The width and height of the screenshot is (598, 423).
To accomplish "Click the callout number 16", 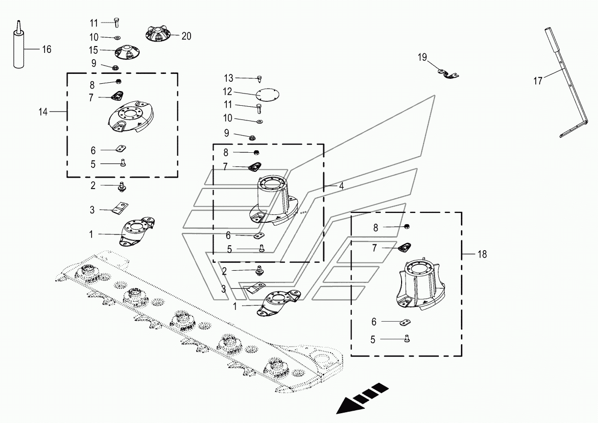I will click(47, 49).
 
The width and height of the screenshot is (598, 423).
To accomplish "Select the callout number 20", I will click(186, 36).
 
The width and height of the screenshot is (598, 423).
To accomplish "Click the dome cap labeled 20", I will click(158, 34).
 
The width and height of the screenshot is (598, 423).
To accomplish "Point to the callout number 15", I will click(94, 50).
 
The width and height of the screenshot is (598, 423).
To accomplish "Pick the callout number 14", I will click(43, 112).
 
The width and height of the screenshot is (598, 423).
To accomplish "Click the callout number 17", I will click(538, 81).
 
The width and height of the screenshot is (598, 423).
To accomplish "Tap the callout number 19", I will click(422, 57).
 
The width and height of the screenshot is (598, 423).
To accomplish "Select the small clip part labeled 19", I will click(448, 73).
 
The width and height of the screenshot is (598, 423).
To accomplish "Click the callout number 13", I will click(229, 78).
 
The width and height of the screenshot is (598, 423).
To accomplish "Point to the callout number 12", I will click(227, 92).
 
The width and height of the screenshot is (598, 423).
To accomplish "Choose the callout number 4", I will click(341, 187).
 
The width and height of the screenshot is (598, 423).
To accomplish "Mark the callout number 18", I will click(482, 255).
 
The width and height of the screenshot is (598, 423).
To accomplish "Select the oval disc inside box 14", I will click(132, 117).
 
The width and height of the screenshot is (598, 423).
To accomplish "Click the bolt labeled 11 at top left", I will click(116, 22).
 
